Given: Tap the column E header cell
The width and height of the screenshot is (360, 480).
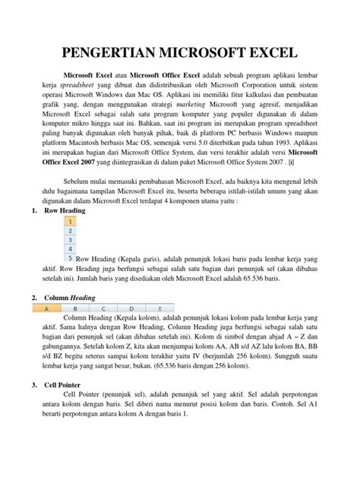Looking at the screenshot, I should (x=159, y=309).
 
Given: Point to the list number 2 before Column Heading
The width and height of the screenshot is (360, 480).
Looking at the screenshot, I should (x=27, y=298).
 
